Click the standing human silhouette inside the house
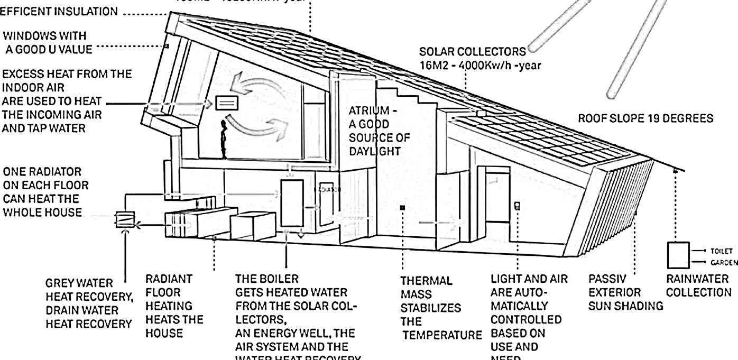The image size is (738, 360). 225,139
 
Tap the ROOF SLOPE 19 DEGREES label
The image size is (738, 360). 645,119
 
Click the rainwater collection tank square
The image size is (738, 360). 678,255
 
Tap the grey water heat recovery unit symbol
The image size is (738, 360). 125,219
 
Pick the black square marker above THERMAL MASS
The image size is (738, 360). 402,208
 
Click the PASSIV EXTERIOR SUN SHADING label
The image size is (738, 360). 625,292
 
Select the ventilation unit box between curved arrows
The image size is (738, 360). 227,103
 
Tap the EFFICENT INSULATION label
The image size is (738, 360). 59,12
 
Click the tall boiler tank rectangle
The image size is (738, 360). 292,203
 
